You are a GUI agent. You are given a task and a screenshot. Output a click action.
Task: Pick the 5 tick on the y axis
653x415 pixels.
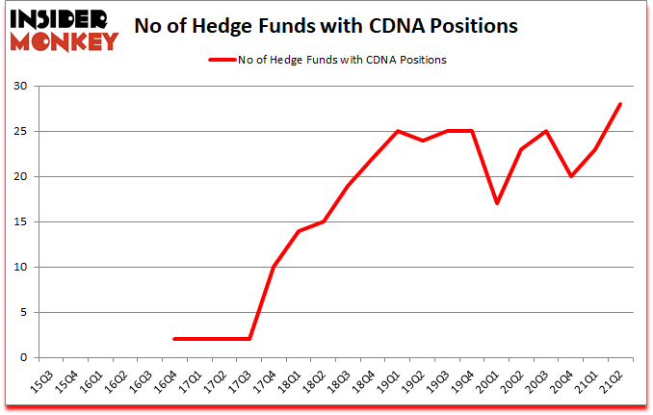pos(23,313)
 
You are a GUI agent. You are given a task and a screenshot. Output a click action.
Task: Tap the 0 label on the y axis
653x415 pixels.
pos(23,358)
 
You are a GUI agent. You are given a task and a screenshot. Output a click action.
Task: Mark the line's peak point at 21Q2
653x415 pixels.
pos(621,105)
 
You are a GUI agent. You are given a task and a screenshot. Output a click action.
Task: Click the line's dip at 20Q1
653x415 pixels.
pos(497,204)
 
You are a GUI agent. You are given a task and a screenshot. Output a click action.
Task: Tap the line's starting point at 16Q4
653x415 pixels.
pos(174,339)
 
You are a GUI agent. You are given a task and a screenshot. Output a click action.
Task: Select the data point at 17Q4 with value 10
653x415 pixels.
pos(274,267)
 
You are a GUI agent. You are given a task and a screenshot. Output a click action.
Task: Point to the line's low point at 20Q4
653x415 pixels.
pos(571,177)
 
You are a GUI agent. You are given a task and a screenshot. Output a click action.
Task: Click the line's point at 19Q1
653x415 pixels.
pos(398,132)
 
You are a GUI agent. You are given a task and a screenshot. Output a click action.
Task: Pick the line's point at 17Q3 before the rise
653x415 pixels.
pos(249,339)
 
